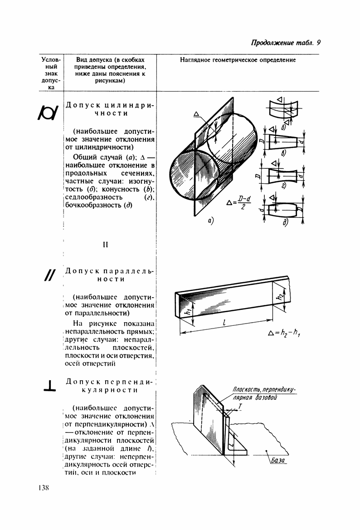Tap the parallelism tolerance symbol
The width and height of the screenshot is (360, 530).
(49, 275)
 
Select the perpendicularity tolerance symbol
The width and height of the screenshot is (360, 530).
(49, 386)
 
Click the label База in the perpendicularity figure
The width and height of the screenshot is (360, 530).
(279, 461)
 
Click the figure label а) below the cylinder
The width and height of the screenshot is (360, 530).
(210, 221)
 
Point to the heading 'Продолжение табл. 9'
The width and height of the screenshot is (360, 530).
(286, 43)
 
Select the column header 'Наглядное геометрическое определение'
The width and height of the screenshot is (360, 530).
(238, 60)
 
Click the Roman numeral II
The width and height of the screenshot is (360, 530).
(105, 245)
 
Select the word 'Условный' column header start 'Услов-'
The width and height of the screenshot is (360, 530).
(50, 60)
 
